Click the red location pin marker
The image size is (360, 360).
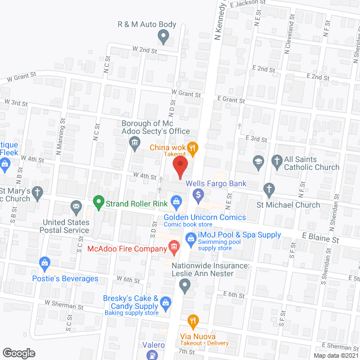coord(179,168)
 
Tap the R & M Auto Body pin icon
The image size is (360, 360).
coord(164,38)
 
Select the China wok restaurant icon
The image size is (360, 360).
coord(193,148)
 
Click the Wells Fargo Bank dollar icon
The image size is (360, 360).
coord(198,195)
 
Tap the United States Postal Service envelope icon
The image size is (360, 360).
coord(75,208)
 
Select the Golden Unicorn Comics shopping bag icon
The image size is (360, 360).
coord(175,201)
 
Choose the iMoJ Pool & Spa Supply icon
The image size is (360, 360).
coord(190,240)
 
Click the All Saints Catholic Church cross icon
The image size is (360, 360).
coord(277,162)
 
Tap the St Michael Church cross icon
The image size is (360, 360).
coord(269,189)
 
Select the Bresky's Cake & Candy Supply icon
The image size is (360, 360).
coord(166,303)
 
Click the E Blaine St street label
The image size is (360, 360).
coord(320,240)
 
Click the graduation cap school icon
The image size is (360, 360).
coord(258,162)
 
